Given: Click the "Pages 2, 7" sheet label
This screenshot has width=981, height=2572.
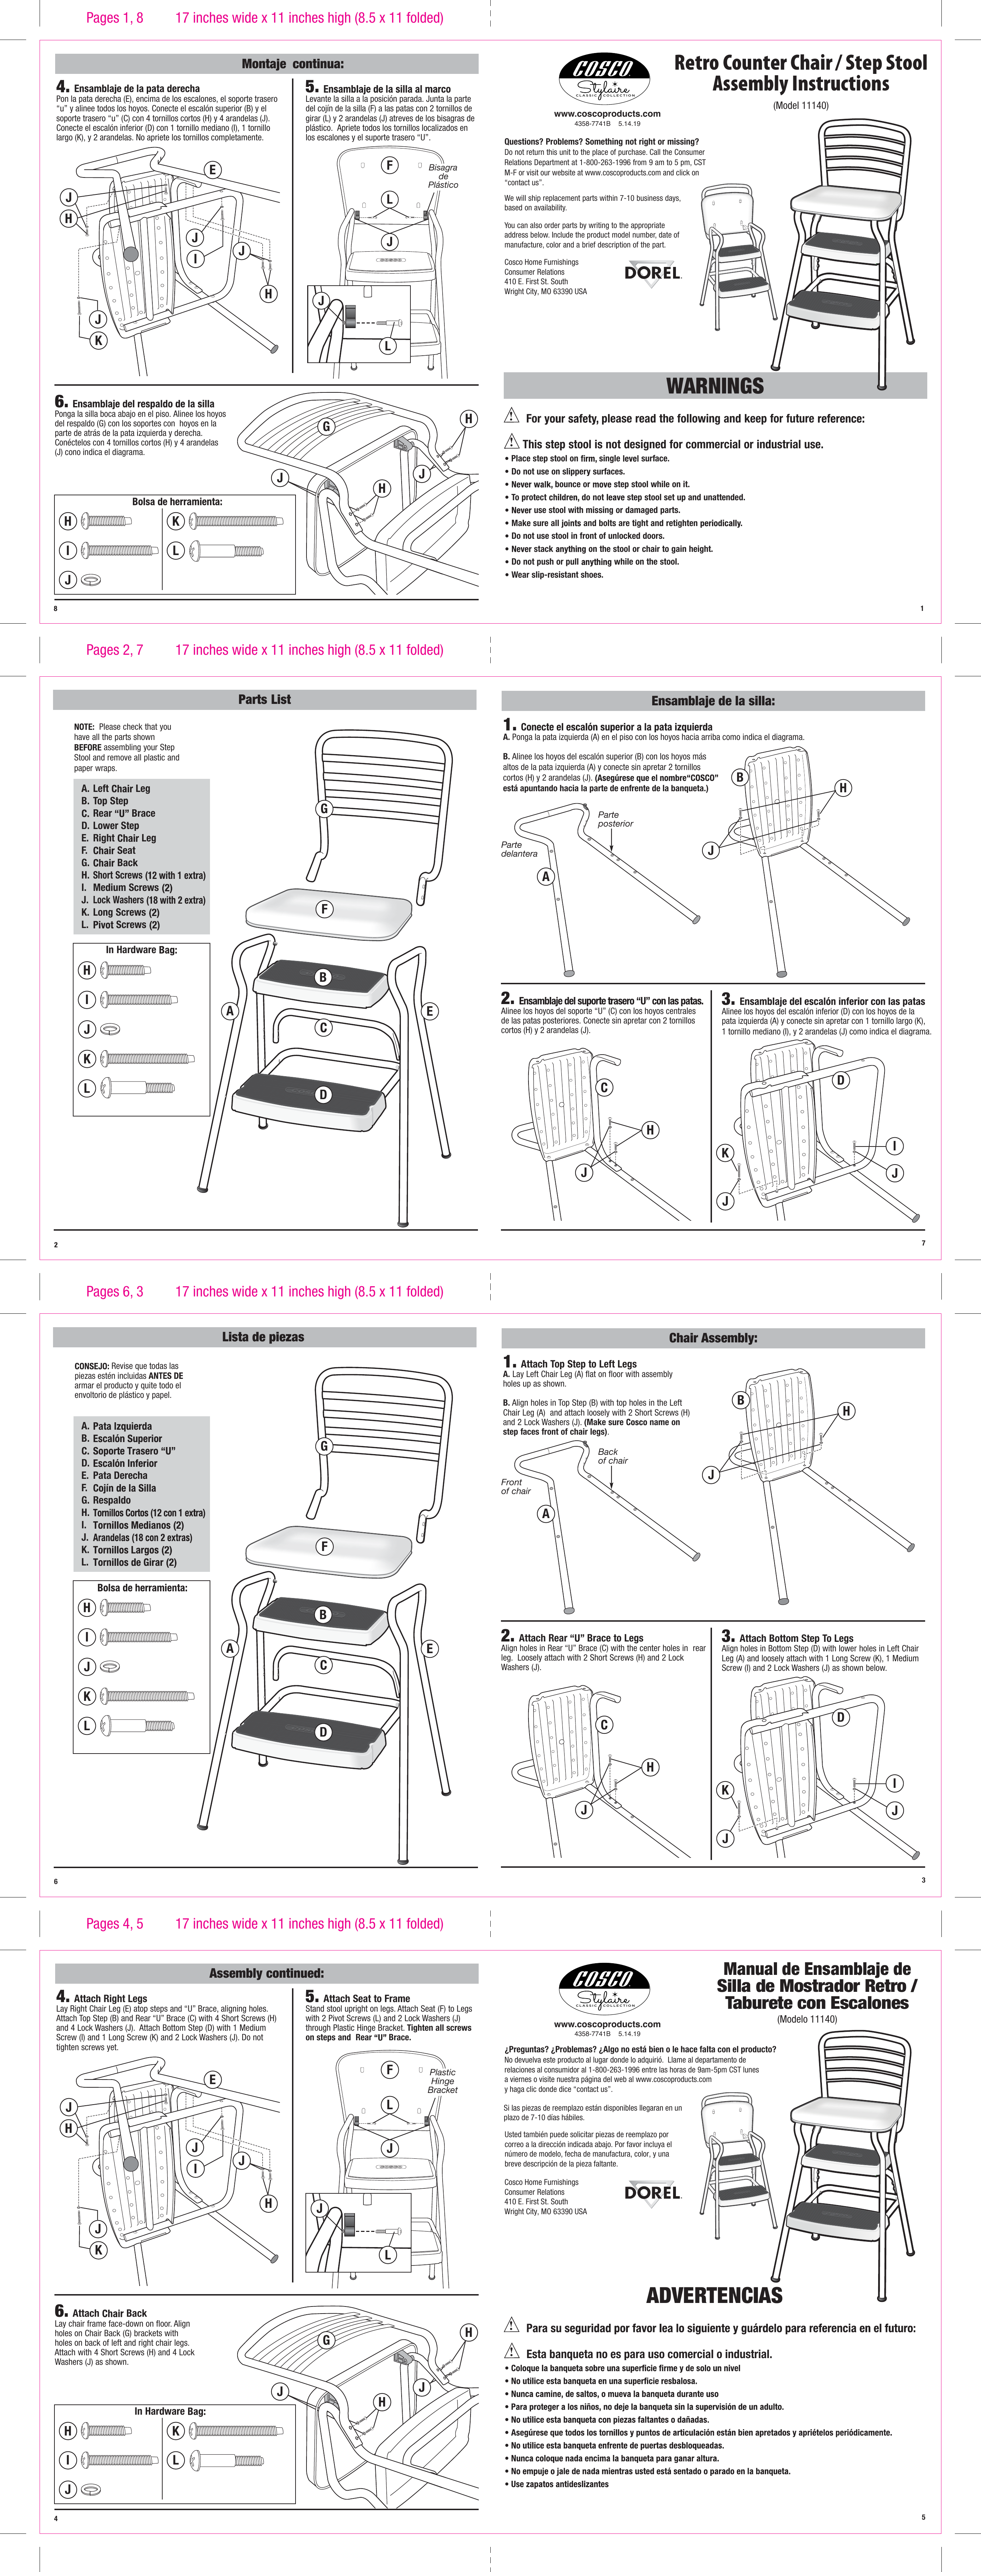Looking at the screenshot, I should click(x=115, y=650).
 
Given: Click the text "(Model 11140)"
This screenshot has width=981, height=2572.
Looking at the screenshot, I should click(x=800, y=106).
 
